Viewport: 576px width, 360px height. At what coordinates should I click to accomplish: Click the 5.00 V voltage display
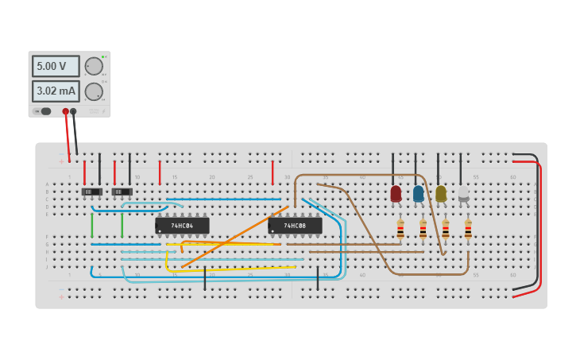pyautogui.click(x=55, y=66)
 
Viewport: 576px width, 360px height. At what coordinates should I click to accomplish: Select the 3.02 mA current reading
pyautogui.click(x=55, y=91)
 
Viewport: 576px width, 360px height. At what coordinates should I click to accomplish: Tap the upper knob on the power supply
pyautogui.click(x=94, y=66)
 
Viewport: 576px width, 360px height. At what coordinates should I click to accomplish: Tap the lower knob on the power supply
pyautogui.click(x=94, y=91)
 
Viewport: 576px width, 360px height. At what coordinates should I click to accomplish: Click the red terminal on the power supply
pyautogui.click(x=66, y=111)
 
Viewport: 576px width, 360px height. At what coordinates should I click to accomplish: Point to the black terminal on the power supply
pyautogui.click(x=73, y=111)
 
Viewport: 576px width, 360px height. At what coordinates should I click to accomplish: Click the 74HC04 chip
pyautogui.click(x=182, y=226)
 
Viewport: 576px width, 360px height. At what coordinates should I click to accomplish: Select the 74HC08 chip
pyautogui.click(x=295, y=226)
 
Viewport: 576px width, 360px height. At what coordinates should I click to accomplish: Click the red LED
pyautogui.click(x=396, y=193)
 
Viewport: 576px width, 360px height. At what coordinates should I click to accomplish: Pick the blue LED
pyautogui.click(x=418, y=193)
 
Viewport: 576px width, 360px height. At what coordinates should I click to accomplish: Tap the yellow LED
pyautogui.click(x=441, y=193)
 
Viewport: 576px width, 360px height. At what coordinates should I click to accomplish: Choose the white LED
pyautogui.click(x=463, y=193)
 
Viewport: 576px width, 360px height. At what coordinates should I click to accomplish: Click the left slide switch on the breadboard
pyautogui.click(x=92, y=192)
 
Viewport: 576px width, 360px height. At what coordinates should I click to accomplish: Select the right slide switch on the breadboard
pyautogui.click(x=122, y=192)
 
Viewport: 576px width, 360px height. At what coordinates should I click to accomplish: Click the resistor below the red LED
pyautogui.click(x=400, y=230)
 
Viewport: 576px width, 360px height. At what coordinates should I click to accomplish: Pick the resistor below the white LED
pyautogui.click(x=468, y=230)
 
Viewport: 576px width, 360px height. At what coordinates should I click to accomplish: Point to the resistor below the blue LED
pyautogui.click(x=423, y=230)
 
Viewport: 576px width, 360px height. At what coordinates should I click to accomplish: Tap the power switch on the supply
pyautogui.click(x=45, y=111)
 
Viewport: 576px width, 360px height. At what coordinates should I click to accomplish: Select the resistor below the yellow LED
pyautogui.click(x=445, y=230)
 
